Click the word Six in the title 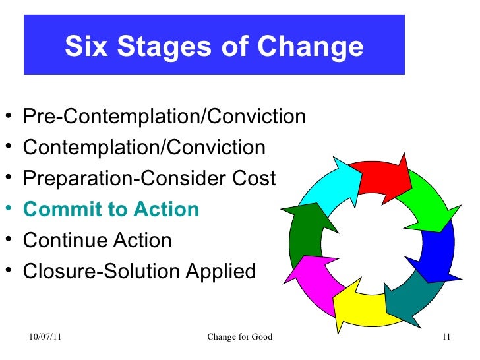[86, 47]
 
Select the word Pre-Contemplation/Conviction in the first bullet [164, 117]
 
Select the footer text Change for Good [239, 339]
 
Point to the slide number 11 [446, 339]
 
